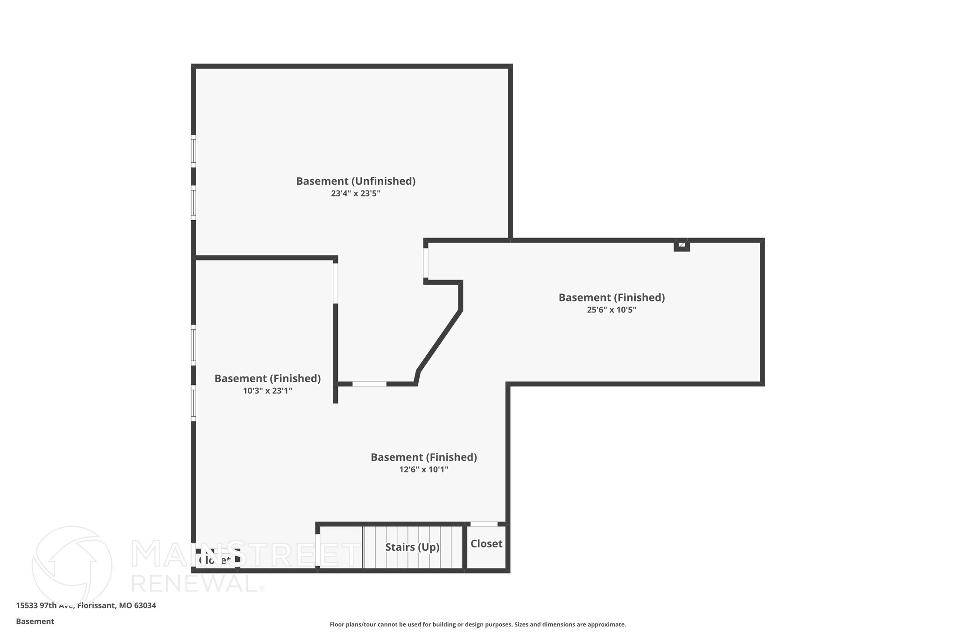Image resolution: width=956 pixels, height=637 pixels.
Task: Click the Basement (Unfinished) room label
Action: point(356,181)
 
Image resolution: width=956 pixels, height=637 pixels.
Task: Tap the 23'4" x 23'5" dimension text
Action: point(356,194)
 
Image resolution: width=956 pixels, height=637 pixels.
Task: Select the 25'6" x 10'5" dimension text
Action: point(612,310)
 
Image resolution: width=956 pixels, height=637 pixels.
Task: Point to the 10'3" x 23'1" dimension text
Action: point(267,391)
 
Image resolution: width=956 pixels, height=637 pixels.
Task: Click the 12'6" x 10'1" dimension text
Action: point(423,470)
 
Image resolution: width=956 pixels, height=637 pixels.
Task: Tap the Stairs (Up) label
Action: point(412,547)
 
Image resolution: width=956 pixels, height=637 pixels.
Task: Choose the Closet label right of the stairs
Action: point(486,544)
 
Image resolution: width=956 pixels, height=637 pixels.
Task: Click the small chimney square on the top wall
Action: point(682,245)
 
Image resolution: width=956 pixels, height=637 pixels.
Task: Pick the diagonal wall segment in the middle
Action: point(439,340)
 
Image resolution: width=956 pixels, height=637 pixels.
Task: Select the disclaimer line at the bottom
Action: point(478,624)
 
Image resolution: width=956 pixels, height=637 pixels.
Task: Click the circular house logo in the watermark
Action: point(72,566)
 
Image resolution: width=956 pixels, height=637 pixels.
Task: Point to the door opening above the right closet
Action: point(484,524)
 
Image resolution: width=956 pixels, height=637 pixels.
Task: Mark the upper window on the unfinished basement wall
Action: point(193,151)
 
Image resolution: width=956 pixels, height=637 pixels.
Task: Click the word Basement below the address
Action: point(35,622)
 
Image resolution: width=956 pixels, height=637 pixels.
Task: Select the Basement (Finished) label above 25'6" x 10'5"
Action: point(612,297)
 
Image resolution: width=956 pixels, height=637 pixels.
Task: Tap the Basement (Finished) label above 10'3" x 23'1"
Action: point(267,378)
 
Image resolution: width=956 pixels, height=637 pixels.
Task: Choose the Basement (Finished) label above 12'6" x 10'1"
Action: point(423,457)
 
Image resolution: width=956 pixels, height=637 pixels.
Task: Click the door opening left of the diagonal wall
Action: point(369,384)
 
